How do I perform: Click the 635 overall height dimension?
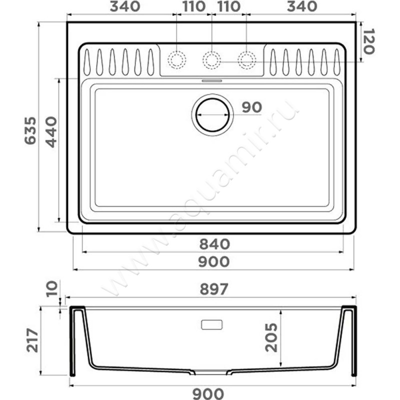[x=30, y=130]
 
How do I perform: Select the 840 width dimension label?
[x=214, y=244]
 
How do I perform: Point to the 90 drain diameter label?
[x=252, y=107]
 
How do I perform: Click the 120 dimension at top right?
[x=368, y=41]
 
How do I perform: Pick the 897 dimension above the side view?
[x=214, y=289]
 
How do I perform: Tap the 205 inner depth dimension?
[x=271, y=337]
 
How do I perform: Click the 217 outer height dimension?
[x=32, y=340]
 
